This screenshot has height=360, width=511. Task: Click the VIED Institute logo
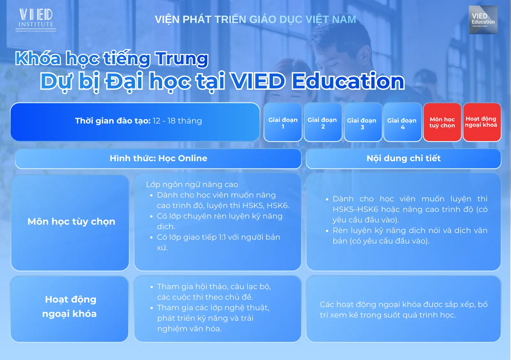pos(36,20)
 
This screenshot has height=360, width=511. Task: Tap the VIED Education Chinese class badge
pos(483,20)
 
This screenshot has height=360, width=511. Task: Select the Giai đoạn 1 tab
pos(283,122)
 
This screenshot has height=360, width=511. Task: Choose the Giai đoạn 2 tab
pos(322,122)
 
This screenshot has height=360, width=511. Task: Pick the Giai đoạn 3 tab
pos(363,122)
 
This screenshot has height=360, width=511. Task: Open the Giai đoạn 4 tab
pos(403,122)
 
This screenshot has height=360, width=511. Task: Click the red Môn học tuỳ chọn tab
pos(442,122)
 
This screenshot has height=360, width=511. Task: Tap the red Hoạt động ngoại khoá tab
pos(482,122)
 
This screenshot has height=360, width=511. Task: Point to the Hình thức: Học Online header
pos(158,159)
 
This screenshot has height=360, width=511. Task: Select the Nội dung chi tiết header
pos(403,159)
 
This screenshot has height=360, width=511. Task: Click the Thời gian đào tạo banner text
pos(138,121)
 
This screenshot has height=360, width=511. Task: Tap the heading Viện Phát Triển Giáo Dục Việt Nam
pos(255,19)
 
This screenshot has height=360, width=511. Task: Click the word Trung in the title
pos(181,59)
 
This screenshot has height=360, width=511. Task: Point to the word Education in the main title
pos(348,81)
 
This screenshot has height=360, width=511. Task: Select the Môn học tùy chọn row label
pos(71,222)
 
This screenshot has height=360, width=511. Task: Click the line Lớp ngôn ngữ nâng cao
pos(192,184)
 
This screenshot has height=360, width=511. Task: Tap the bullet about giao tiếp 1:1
pos(215,242)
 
